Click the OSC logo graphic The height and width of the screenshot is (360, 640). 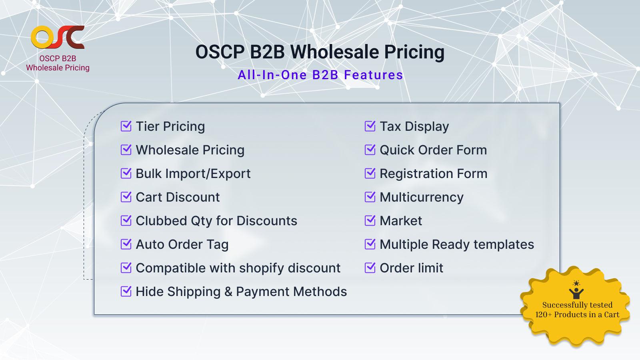point(58,37)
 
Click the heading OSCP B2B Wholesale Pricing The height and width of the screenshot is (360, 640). point(320,52)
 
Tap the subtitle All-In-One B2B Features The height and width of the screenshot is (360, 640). point(320,75)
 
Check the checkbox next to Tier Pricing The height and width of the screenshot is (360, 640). point(126,126)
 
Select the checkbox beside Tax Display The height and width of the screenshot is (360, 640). point(370,126)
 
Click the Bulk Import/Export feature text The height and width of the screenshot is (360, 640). point(193,174)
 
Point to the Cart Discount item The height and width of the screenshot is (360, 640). point(178,197)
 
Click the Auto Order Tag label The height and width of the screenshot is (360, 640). point(182,244)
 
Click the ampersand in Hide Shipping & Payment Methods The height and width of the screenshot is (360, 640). point(228,292)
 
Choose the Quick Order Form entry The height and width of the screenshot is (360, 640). point(433,150)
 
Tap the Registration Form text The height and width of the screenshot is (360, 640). point(433,174)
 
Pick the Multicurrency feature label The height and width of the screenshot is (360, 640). point(421,197)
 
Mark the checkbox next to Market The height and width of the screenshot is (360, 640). point(370,221)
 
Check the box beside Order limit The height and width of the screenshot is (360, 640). point(370,268)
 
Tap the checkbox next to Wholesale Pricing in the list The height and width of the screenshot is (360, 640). point(126,150)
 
